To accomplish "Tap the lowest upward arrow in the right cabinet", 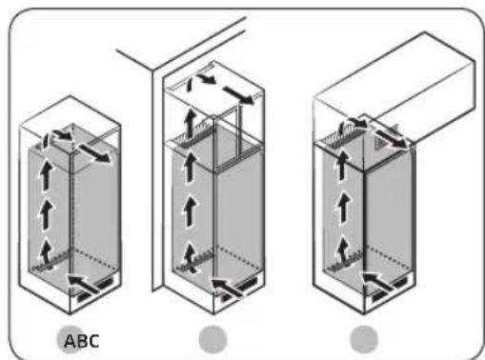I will pyautogui.click(x=340, y=252).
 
